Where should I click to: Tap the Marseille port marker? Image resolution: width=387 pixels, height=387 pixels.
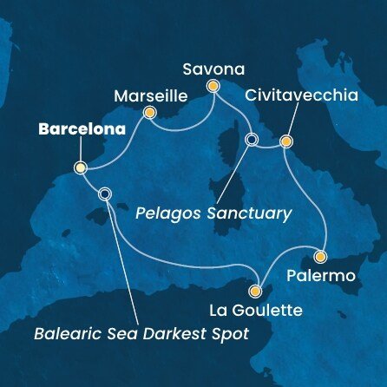(149, 112)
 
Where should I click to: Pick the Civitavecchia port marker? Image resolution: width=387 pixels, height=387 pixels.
(285, 140)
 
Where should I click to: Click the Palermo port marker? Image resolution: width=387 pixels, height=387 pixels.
(319, 257)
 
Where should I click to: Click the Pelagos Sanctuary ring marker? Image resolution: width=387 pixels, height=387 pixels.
(252, 140)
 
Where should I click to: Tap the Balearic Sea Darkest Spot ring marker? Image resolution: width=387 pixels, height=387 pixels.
(105, 194)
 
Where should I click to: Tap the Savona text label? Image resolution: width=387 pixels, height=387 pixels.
(213, 68)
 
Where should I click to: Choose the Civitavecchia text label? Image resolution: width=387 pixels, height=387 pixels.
(300, 95)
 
